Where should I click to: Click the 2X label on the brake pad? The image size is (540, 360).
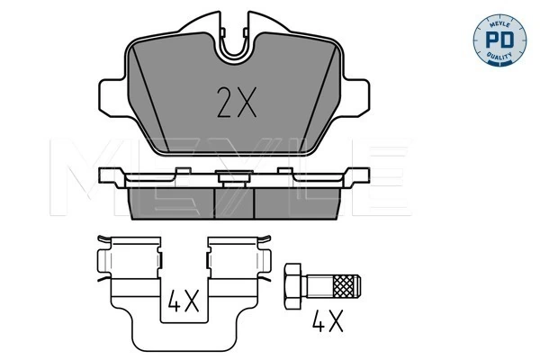coord(237,103)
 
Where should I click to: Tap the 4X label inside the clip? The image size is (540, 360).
coord(184,301)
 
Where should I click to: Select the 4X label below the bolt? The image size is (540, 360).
coord(328,321)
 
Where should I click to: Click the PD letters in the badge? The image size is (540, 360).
coord(499,40)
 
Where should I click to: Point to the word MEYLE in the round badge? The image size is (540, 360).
coord(499,23)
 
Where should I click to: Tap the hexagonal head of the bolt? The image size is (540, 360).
coord(292,286)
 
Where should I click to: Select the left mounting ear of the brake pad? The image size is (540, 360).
coord(112,97)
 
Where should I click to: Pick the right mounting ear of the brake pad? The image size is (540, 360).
coord(356,97)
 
